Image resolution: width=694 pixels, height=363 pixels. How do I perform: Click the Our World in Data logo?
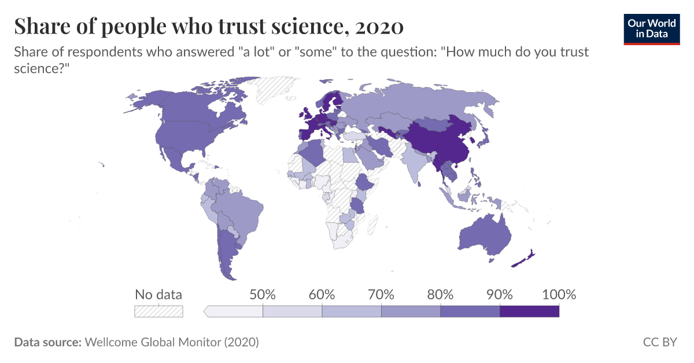(x=651, y=28)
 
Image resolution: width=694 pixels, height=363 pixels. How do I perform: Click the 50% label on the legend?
(x=263, y=294)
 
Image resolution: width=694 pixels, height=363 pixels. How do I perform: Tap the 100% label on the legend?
(x=559, y=294)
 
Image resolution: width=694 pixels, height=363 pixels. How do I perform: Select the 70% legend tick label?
(x=381, y=294)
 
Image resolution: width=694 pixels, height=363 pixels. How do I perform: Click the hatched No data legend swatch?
(x=158, y=311)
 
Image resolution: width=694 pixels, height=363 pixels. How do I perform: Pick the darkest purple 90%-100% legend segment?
(x=529, y=311)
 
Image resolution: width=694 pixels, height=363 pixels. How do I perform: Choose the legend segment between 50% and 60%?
(x=293, y=311)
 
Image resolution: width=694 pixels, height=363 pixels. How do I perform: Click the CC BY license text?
(x=659, y=342)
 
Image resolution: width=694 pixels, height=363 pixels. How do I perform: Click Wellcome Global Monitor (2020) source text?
(x=172, y=342)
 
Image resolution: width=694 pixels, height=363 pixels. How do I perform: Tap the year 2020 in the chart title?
(x=379, y=27)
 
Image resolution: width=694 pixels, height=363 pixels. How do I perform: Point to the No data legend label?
(x=158, y=294)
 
